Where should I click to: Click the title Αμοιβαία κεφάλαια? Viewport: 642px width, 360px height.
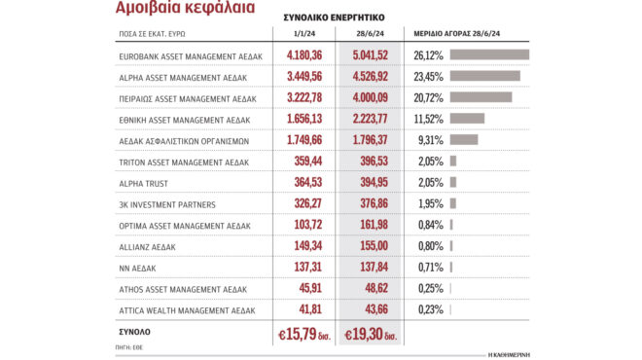pos(186,9)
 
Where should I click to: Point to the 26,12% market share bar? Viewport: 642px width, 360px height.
pos(489,54)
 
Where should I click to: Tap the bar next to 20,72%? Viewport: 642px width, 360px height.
pos(481,97)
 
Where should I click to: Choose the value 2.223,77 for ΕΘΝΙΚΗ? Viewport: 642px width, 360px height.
pos(375,119)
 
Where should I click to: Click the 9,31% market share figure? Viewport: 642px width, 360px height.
pos(428,140)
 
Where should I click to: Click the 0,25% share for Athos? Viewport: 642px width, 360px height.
pos(428,289)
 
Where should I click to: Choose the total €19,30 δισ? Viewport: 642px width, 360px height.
pos(375,334)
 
